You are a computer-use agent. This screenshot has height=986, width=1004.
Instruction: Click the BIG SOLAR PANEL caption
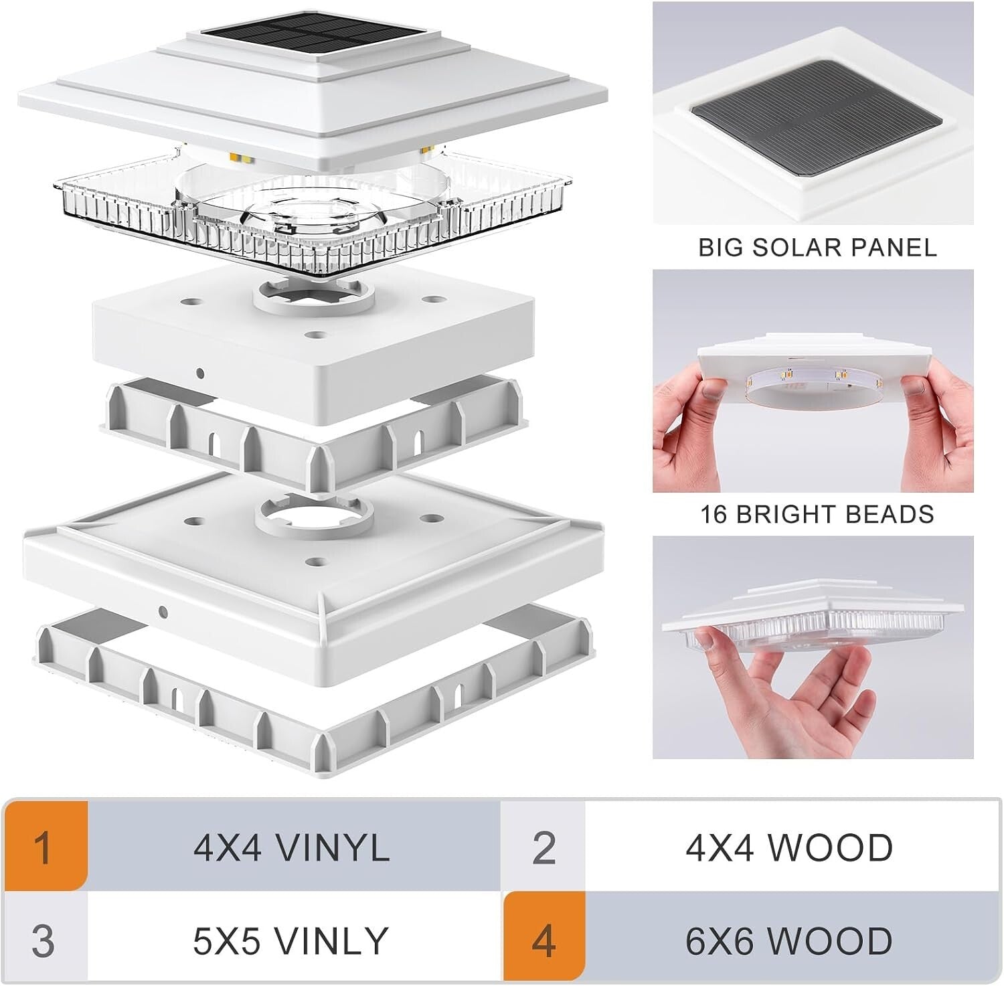[x=817, y=248]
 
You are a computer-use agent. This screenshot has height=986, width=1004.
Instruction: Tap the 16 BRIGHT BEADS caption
[x=817, y=514]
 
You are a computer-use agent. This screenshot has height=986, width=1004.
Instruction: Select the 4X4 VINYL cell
[x=292, y=847]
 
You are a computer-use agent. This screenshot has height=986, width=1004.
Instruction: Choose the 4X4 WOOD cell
[x=788, y=847]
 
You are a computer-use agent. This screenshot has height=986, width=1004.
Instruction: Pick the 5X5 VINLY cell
[x=292, y=940]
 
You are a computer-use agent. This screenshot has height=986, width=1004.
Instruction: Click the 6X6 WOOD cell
[x=788, y=940]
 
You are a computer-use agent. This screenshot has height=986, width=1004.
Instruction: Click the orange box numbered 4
[x=543, y=940]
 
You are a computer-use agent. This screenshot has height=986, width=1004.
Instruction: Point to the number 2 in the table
[x=543, y=847]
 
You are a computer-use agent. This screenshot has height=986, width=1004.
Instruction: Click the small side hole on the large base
[x=163, y=610]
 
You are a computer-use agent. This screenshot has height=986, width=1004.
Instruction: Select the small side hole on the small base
[x=199, y=372]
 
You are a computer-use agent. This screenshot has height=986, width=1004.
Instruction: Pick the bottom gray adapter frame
[x=315, y=696]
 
